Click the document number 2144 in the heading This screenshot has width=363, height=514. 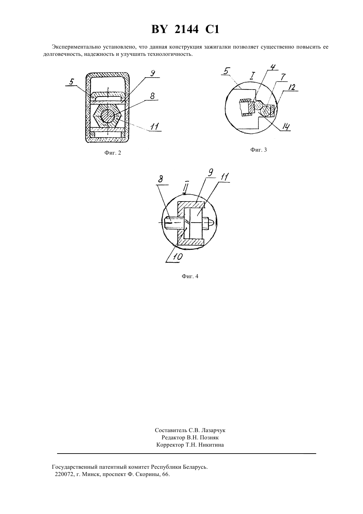(186, 30)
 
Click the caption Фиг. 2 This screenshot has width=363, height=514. (113, 153)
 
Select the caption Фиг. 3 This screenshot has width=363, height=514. (258, 150)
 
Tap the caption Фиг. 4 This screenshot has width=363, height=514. (190, 276)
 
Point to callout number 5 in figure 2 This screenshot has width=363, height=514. (71, 82)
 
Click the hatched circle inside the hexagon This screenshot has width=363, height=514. (108, 116)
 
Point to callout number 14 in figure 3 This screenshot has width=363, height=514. (286, 127)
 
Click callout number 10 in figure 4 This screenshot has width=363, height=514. (177, 257)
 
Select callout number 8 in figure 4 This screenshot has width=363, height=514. (161, 179)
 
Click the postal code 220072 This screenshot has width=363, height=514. (64, 475)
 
